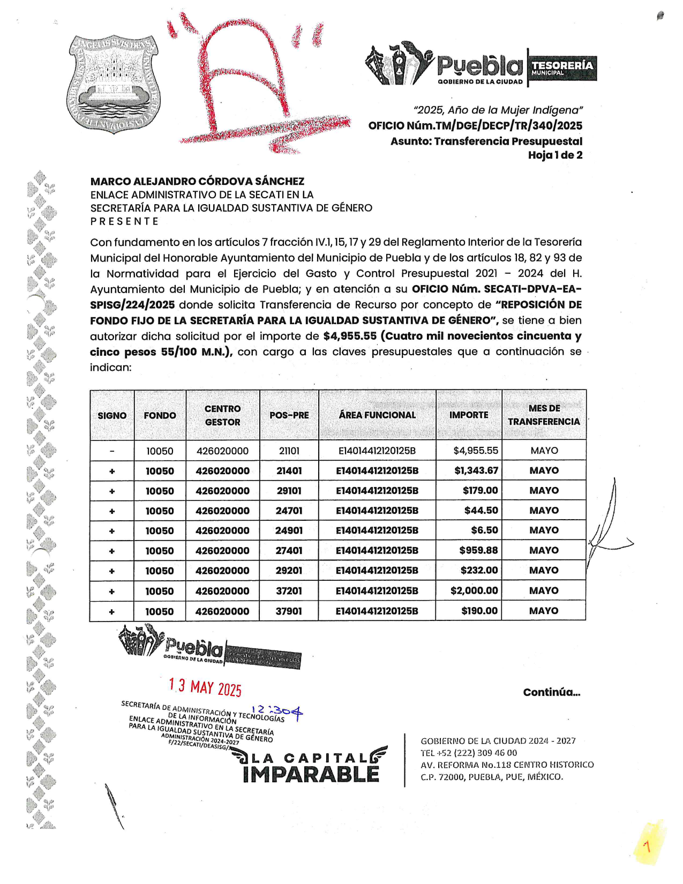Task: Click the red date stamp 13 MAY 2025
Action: click(205, 687)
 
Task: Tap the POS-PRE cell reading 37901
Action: click(289, 611)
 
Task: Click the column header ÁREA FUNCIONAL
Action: click(377, 415)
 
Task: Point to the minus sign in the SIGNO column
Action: click(112, 451)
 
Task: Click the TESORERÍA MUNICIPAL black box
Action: click(562, 68)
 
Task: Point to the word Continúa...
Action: click(551, 692)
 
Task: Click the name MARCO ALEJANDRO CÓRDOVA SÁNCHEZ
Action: click(197, 181)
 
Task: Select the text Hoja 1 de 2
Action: click(555, 155)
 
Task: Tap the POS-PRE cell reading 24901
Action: click(289, 530)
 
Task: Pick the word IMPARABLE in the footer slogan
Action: click(311, 774)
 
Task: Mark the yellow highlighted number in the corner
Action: click(647, 846)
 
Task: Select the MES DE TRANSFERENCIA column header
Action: click(544, 415)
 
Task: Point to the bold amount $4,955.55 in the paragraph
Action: click(350, 336)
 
